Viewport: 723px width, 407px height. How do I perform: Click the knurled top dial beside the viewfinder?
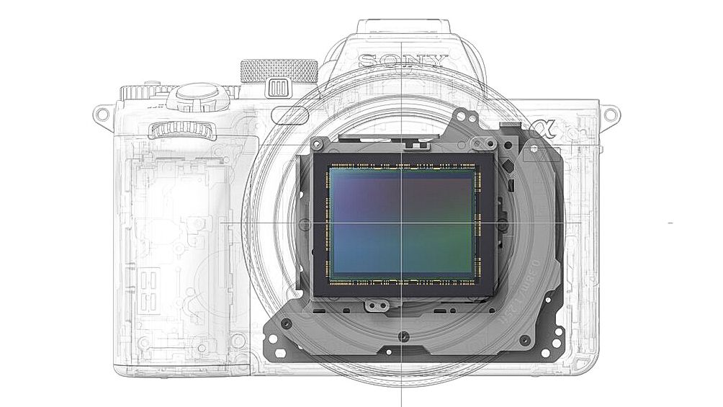pos(279,71)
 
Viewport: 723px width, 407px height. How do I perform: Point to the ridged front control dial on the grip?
pos(182,130)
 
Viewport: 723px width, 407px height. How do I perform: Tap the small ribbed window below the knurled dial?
pos(277,89)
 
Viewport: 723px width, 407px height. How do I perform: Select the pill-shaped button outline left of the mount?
pos(290,115)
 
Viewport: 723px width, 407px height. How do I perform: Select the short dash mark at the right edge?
pos(670,223)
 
